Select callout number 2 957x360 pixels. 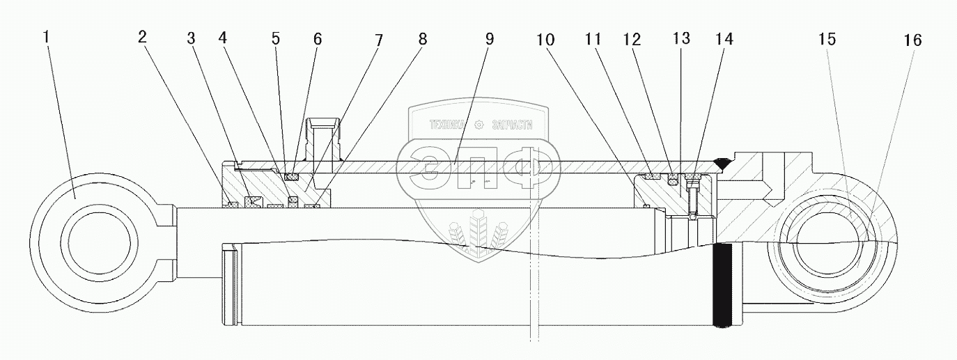pos(142,38)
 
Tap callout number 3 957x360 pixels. pos(191,38)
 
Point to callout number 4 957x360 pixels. pos(223,38)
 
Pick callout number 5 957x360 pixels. pos(276,38)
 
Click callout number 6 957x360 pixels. pos(317,38)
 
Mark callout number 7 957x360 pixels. pos(378,39)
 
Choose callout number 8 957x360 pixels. pos(423,39)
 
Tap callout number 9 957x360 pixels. pos(489,39)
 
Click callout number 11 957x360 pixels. pos(593,40)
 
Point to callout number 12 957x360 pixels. pos(631,40)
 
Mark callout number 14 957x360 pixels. pos(724,40)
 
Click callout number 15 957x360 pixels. pos(827,40)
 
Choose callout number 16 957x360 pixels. pos(912,41)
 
